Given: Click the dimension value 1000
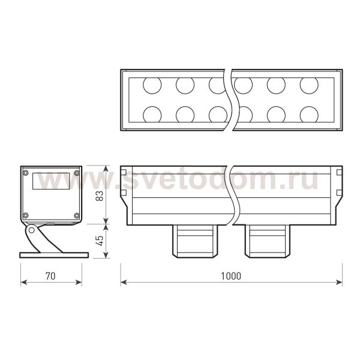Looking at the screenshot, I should point(230,276).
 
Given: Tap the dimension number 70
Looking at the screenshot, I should point(50,276).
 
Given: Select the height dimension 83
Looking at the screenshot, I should point(100,195).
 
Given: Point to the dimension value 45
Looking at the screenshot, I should point(100,240).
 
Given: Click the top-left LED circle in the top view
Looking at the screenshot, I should point(152,86).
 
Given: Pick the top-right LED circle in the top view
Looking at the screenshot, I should point(309,86).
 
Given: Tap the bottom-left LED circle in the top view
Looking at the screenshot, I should point(152,114).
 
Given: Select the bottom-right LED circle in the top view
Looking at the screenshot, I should point(309,114).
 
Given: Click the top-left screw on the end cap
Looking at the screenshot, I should point(26,173).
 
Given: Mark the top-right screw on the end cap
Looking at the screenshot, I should point(76,173).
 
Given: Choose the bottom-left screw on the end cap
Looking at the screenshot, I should point(26,215).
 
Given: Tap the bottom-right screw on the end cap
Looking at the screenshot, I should point(76,215).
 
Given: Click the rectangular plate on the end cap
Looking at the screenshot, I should point(51,181).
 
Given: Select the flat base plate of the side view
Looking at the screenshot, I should point(54,255).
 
